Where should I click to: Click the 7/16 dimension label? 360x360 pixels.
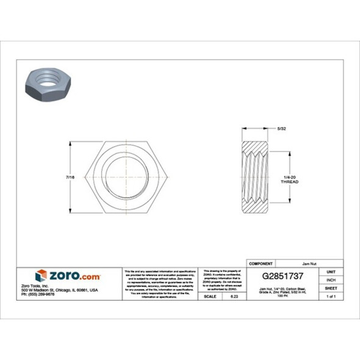[x=70, y=177]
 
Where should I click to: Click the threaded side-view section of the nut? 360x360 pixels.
[x=257, y=177]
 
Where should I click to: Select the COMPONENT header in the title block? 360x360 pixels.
[x=261, y=263]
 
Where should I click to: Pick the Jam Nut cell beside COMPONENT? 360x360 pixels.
[x=312, y=263]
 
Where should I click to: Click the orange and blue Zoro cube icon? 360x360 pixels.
[x=41, y=276]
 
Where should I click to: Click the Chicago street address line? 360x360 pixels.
[x=59, y=290]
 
